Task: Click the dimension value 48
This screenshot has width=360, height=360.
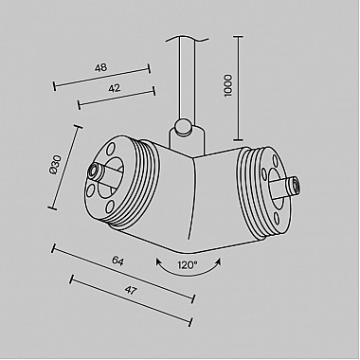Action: click(100, 67)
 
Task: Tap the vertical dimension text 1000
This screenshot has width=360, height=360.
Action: click(226, 85)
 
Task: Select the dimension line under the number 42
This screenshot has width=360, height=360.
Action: click(116, 97)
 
